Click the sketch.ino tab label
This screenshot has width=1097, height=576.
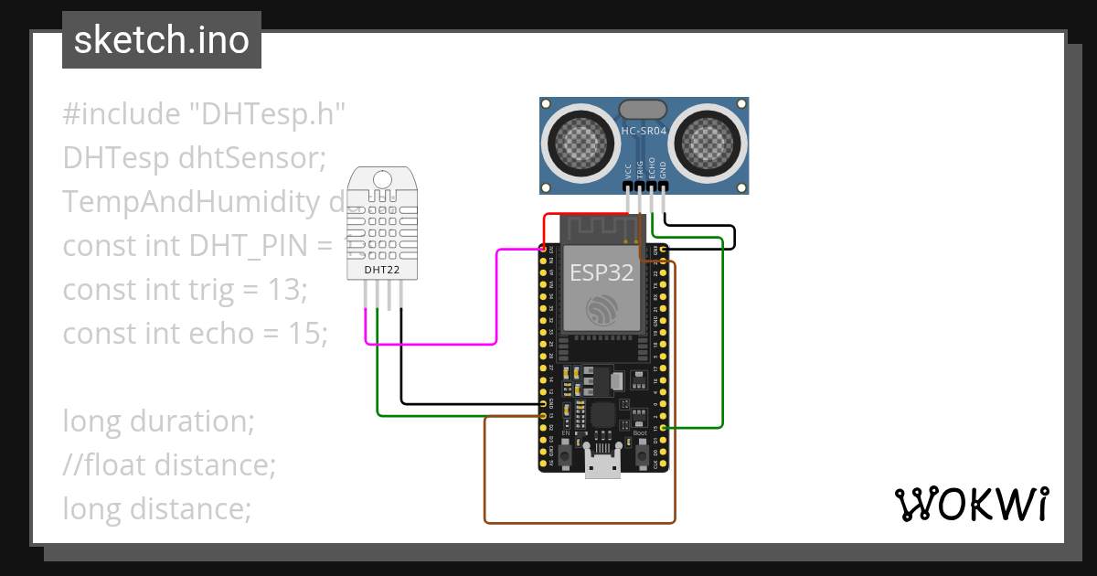161,40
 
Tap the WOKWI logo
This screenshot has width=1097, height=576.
970,505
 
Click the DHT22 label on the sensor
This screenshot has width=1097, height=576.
380,270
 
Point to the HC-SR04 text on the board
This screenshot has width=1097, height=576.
644,131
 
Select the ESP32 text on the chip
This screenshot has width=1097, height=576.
602,272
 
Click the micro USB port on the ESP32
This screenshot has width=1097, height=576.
602,466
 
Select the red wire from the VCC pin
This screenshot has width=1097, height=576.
585,216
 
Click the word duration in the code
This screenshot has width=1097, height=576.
191,421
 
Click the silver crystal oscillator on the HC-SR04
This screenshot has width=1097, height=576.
643,110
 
